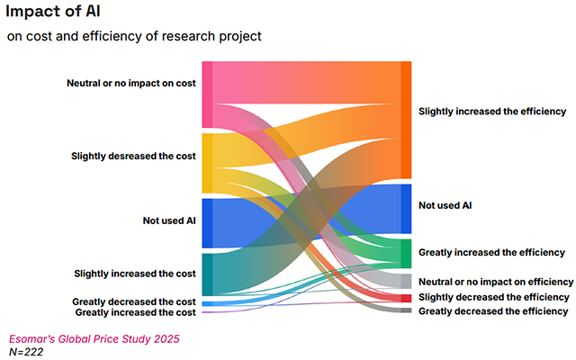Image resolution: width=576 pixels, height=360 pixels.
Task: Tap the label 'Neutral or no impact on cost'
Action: [x=131, y=84]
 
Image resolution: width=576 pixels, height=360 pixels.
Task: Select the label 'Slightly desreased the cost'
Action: [x=134, y=156]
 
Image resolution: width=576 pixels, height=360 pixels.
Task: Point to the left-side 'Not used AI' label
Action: [x=169, y=220]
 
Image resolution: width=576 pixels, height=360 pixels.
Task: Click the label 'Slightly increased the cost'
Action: [x=135, y=273]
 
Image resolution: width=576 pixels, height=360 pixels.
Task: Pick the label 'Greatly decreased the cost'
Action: [x=134, y=301]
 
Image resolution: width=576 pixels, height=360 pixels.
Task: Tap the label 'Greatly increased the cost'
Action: [x=135, y=312]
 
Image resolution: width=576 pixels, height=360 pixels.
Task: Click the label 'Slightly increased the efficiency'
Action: [x=492, y=112]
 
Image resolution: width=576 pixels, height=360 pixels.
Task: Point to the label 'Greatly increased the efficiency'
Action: [x=492, y=252]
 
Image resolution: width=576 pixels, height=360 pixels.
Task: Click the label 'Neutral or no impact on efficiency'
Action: [x=496, y=282]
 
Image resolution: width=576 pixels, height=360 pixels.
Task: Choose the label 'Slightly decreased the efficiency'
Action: [x=494, y=296]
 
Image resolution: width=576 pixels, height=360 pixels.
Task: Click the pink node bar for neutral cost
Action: [x=207, y=94]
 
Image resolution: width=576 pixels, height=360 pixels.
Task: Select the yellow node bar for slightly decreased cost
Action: [x=207, y=163]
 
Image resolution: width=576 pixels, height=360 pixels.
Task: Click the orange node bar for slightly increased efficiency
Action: [x=406, y=120]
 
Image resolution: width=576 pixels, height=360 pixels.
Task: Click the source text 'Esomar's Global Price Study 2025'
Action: [x=94, y=339]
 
